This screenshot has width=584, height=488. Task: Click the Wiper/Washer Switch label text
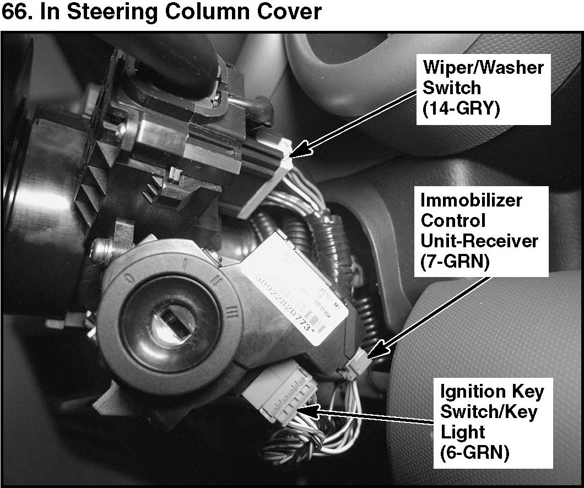pyautogui.click(x=483, y=78)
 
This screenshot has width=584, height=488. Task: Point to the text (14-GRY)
pyautogui.click(x=461, y=109)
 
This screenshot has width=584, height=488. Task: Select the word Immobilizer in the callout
pyautogui.click(x=471, y=200)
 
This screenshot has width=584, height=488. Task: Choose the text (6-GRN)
pyautogui.click(x=474, y=453)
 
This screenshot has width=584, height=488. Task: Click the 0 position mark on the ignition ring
pyautogui.click(x=128, y=274)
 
